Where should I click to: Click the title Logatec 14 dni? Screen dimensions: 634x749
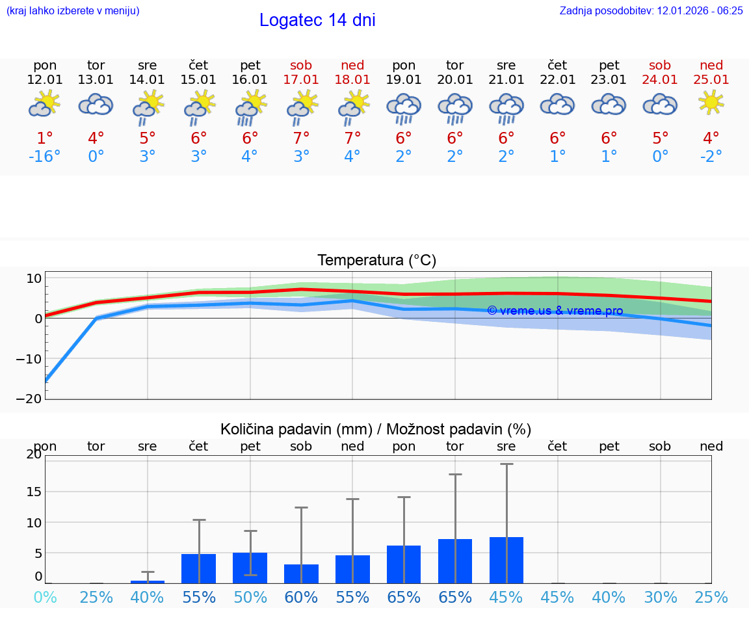click(x=317, y=20)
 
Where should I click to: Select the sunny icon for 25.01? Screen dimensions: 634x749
click(x=711, y=102)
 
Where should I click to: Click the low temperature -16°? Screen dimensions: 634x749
click(x=45, y=157)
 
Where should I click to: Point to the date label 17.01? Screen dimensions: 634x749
click(x=301, y=80)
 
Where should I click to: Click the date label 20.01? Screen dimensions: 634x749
click(x=455, y=80)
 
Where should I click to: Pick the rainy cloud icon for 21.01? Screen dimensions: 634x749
click(x=506, y=107)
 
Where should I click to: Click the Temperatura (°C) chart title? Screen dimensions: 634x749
click(x=376, y=261)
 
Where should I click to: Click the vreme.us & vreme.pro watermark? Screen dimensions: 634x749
click(x=555, y=311)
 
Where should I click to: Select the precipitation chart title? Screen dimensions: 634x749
click(x=376, y=429)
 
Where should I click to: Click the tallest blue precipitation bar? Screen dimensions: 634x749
click(x=506, y=560)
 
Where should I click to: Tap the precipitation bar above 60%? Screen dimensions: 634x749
click(x=301, y=574)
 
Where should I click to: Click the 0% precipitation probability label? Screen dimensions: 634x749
click(x=45, y=598)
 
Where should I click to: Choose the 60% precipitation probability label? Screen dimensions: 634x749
click(x=301, y=598)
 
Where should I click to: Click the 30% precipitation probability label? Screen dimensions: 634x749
click(x=660, y=598)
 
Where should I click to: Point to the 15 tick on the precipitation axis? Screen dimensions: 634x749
click(x=34, y=492)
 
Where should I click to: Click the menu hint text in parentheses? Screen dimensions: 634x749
click(x=72, y=10)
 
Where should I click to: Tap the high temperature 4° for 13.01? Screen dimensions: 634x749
click(x=96, y=139)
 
